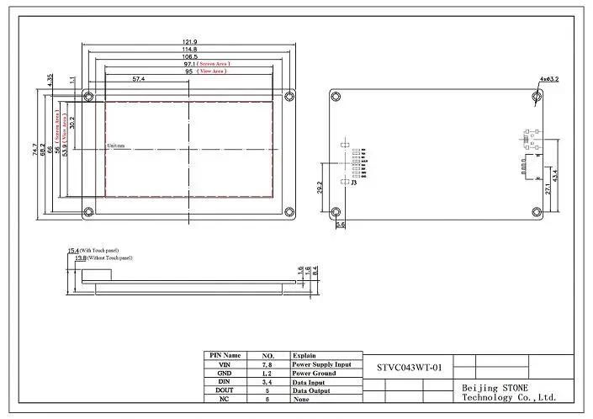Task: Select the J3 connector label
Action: click(x=354, y=182)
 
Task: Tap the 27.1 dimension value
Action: click(x=547, y=188)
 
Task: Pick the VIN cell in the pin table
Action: click(x=224, y=364)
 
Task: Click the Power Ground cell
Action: click(x=315, y=373)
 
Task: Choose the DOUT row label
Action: click(x=224, y=390)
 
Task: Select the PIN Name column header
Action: click(x=224, y=356)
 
